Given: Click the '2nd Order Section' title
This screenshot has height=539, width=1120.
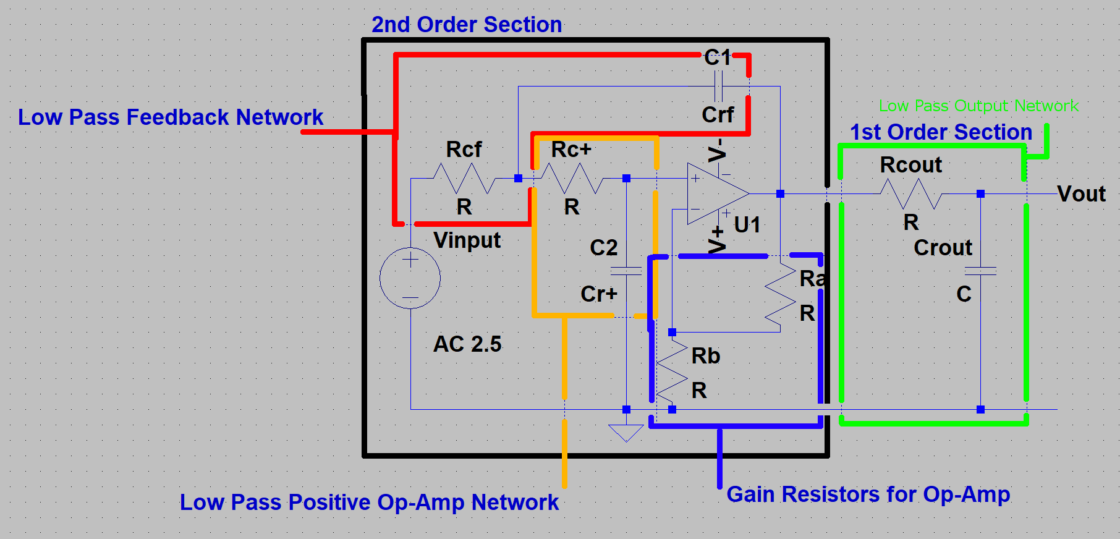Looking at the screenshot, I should [467, 25].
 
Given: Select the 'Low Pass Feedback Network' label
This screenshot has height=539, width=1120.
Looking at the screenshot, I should [171, 117].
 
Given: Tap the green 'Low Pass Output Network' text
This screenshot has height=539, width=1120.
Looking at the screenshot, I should [978, 106].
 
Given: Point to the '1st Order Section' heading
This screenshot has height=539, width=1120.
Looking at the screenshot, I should [941, 132].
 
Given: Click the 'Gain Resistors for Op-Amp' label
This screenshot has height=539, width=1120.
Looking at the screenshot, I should [868, 494].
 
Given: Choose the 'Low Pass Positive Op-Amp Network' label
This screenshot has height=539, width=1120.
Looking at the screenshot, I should [369, 502].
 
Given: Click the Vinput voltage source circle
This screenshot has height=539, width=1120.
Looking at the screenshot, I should [410, 278].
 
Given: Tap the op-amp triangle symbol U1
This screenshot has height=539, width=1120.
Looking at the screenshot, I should [716, 193].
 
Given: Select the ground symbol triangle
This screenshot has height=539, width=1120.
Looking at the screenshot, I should [626, 431].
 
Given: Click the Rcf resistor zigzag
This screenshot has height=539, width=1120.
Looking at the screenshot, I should [464, 179].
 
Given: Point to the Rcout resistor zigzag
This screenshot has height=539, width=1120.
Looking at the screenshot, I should [911, 193].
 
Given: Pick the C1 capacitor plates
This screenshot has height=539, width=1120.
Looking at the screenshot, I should [718, 86].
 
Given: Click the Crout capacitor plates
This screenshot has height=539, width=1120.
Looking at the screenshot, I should [980, 271].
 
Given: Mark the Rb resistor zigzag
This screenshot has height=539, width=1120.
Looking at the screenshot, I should [672, 371].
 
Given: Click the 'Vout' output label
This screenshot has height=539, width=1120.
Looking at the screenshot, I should [1081, 194].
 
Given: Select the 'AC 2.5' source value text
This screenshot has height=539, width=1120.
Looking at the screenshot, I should [467, 344].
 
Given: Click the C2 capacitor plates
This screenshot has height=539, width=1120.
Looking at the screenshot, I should [626, 271].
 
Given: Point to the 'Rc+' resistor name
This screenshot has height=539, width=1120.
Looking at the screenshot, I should [571, 150].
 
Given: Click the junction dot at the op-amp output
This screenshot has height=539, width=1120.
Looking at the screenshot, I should [780, 193].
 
